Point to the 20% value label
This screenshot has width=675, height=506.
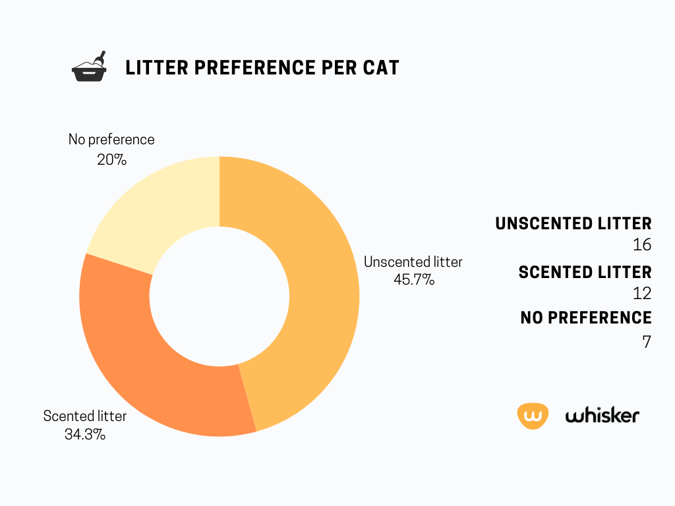111,159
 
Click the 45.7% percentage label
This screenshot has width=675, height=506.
414,279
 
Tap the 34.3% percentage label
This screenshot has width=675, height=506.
85,434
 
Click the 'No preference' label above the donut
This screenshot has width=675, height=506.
111,140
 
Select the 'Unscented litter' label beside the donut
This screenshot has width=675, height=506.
413,262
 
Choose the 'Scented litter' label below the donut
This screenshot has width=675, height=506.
85,416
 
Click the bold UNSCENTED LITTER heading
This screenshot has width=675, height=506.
573,224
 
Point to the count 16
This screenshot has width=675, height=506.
642,245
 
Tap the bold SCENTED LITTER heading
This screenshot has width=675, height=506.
585,272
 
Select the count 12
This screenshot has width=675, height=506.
642,293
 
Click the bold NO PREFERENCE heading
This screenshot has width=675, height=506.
586,318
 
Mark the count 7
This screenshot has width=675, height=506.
647,342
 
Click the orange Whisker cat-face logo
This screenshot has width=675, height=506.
533,416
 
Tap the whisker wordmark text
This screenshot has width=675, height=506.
602,415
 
